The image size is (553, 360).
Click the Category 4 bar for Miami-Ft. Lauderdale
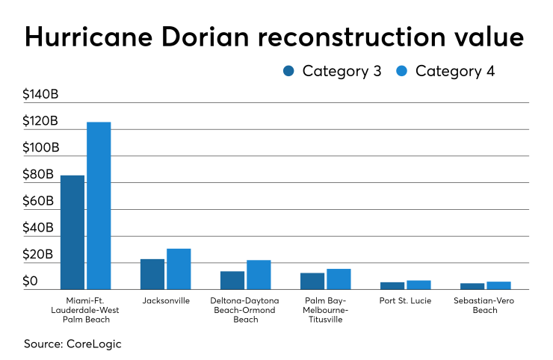[99, 205]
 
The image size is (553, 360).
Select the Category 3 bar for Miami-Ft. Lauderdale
[72, 232]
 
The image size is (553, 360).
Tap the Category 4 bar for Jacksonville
[179, 269]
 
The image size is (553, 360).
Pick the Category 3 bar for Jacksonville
[152, 274]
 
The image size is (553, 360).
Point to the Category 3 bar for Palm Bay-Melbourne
[312, 281]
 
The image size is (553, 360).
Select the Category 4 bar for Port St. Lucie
[418, 285]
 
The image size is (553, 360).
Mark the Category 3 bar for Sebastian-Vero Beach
[472, 286]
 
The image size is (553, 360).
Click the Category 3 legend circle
[289, 72]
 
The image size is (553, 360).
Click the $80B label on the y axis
[38, 175]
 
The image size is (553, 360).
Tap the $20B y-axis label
[38, 255]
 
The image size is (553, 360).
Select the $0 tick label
[30, 282]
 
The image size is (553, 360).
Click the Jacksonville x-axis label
[165, 300]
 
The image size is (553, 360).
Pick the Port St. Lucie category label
[405, 300]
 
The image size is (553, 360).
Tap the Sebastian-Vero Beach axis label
[485, 305]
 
